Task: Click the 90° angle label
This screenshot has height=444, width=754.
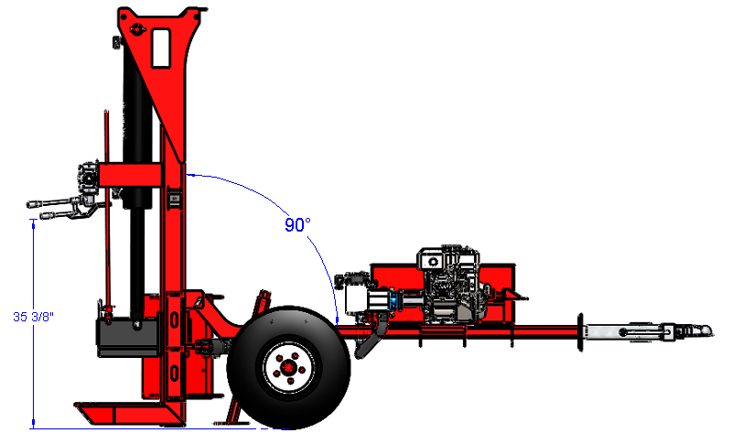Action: (297, 225)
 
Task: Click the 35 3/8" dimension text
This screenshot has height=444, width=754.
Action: (33, 317)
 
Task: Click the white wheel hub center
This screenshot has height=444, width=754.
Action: (288, 367)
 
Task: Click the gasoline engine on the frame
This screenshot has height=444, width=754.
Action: (449, 285)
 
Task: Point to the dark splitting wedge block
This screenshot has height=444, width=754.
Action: (128, 337)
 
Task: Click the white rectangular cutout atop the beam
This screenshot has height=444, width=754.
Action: (161, 49)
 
